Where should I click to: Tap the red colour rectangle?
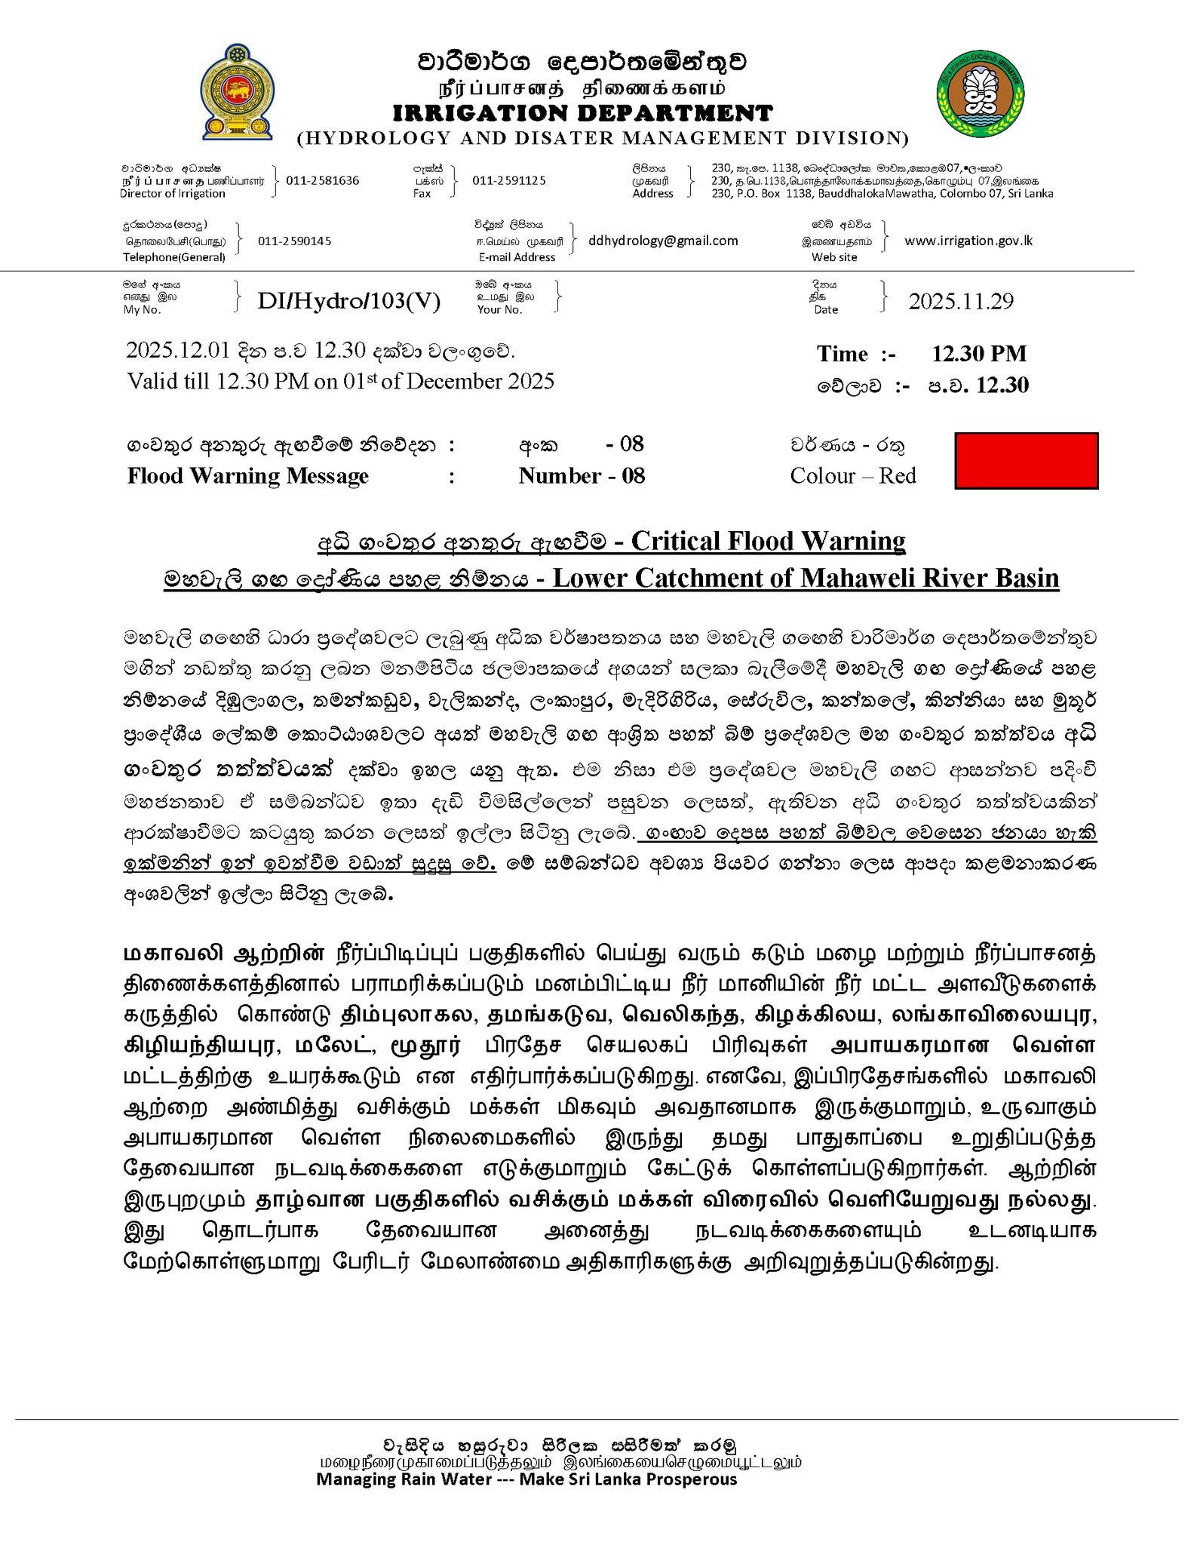point(1026,460)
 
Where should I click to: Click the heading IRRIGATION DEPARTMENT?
point(582,113)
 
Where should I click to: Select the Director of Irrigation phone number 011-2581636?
point(323,180)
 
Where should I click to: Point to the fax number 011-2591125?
point(509,180)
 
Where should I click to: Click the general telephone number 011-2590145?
point(294,241)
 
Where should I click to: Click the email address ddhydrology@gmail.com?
point(663,241)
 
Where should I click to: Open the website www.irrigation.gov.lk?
point(968,241)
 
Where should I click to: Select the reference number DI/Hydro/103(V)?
point(349,301)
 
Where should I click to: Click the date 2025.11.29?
point(961,301)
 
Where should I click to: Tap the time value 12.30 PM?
point(979,353)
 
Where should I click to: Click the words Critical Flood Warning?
point(768,541)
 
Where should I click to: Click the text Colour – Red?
point(853,476)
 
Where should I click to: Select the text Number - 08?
point(582,476)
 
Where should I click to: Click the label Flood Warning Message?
point(248,476)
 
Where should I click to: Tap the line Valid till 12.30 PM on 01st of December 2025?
point(341,381)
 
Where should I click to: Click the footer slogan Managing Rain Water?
point(526,1479)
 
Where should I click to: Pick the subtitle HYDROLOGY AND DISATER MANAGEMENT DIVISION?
point(603,138)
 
